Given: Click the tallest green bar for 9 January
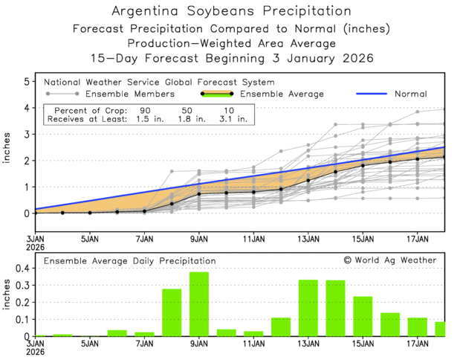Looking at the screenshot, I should click(x=199, y=304).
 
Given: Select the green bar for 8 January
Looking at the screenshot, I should click(x=172, y=312).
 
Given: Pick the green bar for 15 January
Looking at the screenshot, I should click(x=363, y=316).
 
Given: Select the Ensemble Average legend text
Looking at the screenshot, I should click(x=283, y=94).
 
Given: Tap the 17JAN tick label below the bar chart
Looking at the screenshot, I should click(x=418, y=345).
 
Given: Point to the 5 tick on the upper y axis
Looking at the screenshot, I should click(x=27, y=80).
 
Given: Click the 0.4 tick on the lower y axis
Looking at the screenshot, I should click(x=21, y=268).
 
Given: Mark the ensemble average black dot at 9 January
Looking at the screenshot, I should click(x=199, y=194).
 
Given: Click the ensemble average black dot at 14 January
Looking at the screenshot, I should click(x=336, y=172).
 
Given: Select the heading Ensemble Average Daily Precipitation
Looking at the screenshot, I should click(x=130, y=261).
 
